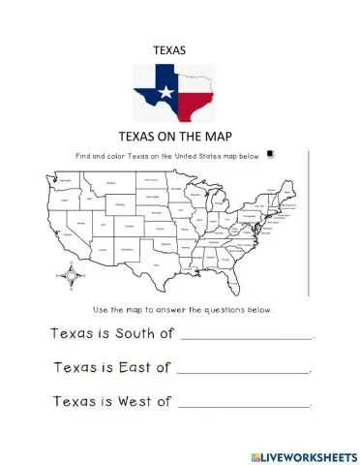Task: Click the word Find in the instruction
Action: point(80,154)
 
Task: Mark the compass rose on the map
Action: point(67,276)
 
